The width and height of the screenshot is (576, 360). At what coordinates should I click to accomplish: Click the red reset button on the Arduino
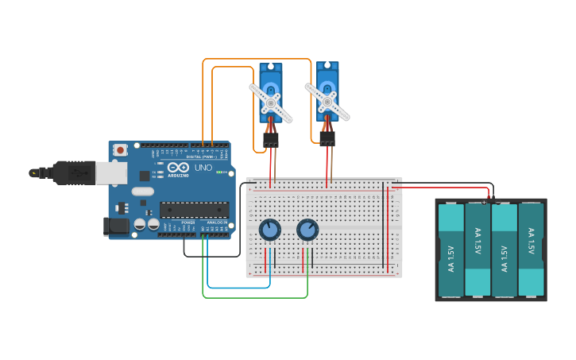coord(120,149)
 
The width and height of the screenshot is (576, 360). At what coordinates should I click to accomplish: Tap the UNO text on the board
coord(203,168)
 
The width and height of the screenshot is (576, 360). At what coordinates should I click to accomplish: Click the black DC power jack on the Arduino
coord(116,226)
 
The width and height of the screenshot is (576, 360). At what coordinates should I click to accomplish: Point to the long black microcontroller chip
coord(194,210)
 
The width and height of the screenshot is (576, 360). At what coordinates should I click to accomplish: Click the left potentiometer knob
coord(270,230)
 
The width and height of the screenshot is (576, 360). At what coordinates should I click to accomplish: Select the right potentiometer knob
coord(307,230)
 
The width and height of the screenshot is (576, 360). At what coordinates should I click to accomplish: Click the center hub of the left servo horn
coord(271,103)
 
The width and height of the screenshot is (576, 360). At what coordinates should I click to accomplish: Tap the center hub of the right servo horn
coord(327,102)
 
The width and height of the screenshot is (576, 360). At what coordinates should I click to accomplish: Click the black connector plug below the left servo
coord(271,140)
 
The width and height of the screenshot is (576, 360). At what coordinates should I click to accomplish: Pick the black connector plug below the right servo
coord(327,139)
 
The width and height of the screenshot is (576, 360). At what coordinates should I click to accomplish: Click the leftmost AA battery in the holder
coord(450,250)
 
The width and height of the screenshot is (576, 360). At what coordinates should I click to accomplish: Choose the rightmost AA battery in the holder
coord(531,250)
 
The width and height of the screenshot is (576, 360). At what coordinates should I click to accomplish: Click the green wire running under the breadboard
coord(254,297)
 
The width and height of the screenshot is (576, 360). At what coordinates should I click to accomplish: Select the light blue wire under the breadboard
coord(238,287)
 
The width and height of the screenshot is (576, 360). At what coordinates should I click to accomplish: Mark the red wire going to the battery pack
coord(445,188)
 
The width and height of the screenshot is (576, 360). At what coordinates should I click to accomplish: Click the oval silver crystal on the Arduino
coord(143,192)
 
